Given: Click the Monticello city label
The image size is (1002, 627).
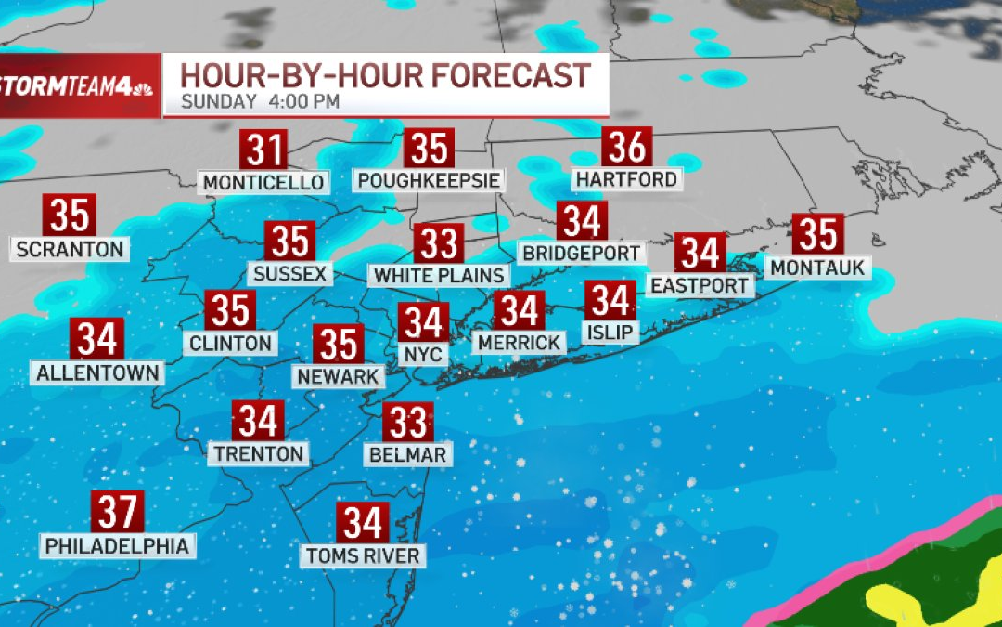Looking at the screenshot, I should point(264,182).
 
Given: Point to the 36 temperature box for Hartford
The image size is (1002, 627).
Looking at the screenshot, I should point(627,147).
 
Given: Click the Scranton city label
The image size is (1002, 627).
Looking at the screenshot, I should point(70,249).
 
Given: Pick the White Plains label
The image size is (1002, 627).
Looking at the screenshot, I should point(439,275).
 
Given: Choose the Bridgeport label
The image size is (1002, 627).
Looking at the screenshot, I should point(582,253).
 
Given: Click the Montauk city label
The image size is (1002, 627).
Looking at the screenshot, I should point(817,268).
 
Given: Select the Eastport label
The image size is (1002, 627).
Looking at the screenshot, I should point(699,285).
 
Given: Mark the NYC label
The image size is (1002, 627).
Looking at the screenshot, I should point(423,354).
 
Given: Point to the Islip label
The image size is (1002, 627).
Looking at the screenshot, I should point(610,332).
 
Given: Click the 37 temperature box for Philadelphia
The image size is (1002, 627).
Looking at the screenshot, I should point(117,512).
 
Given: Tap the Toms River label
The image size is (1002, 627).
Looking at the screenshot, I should point(364,556).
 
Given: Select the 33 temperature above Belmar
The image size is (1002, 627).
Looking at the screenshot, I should point(407,423).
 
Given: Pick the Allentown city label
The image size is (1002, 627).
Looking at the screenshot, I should point(97,372).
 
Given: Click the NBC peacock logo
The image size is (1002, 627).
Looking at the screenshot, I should point(144,88).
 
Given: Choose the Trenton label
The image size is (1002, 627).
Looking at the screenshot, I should point(259,453).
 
